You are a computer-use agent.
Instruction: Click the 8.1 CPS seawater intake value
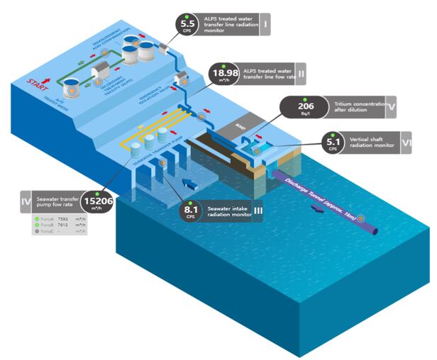click(190, 210)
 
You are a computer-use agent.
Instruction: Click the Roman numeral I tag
click(265, 26)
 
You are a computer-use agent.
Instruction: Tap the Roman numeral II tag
click(302, 74)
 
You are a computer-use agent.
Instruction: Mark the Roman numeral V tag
click(392, 108)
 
